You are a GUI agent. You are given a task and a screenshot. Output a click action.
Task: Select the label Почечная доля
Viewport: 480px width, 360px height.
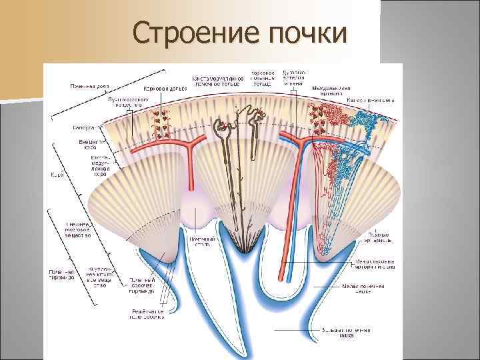[x=91, y=86]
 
